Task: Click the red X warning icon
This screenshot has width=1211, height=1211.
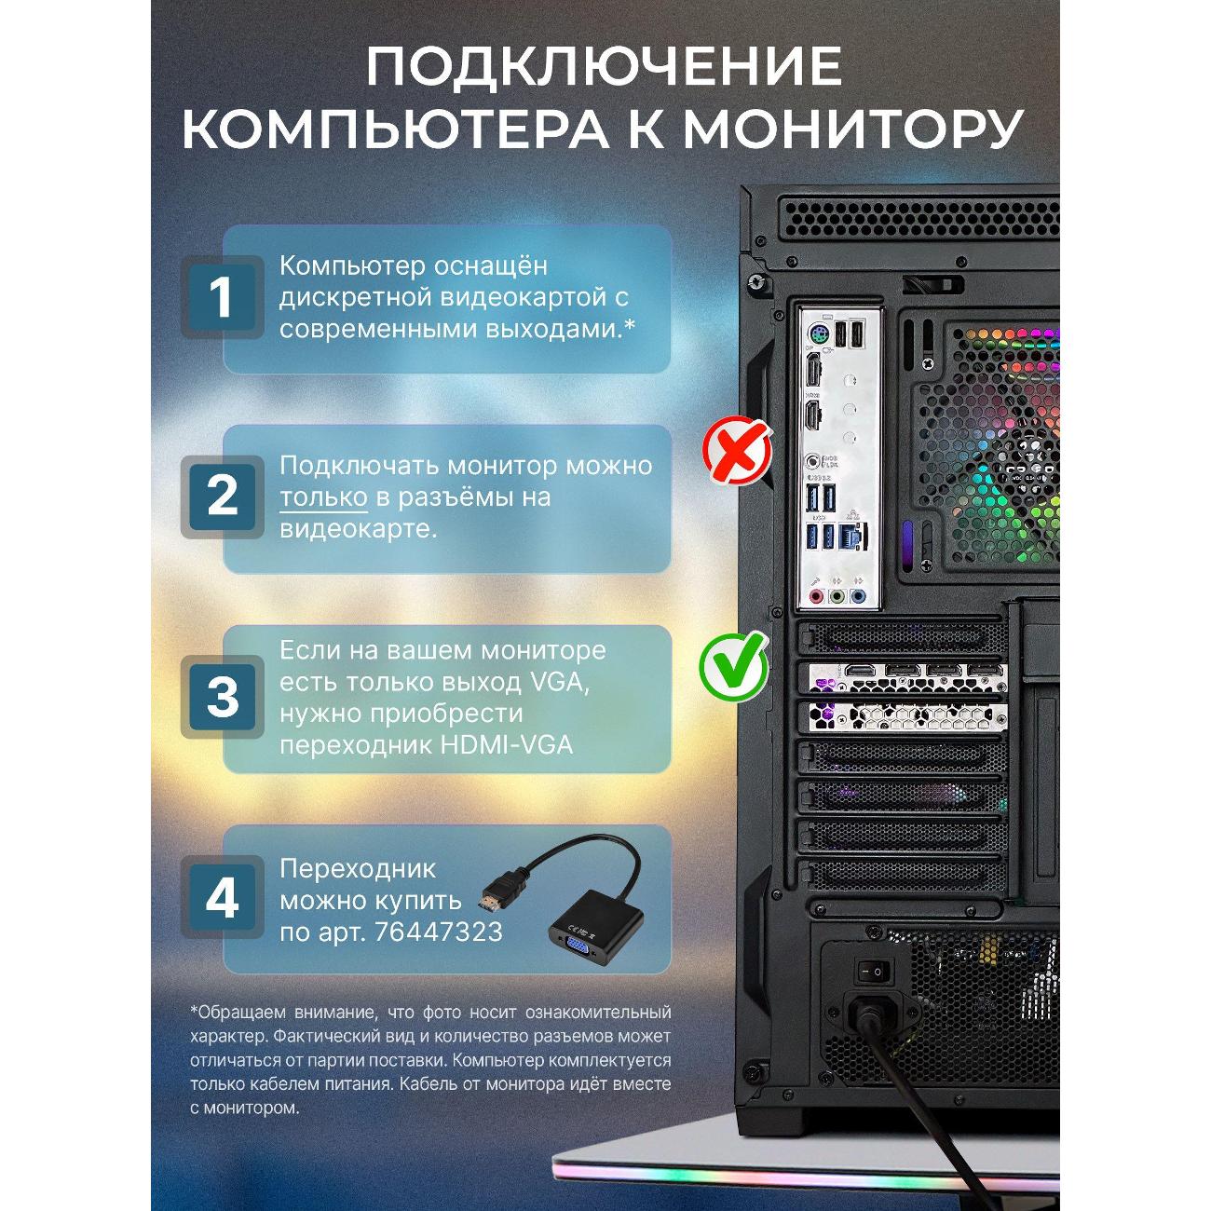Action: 737,451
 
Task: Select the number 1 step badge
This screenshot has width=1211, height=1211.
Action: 222,296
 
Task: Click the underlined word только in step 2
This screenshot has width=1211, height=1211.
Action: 323,497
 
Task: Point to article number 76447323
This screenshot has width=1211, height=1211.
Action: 438,932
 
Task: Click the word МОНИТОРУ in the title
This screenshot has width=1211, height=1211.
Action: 851,129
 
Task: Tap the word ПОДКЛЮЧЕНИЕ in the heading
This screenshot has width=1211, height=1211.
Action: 604,66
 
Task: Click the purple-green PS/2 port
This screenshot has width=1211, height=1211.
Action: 817,333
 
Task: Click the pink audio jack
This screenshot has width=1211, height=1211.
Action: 816,596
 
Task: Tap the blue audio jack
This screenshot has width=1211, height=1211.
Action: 857,596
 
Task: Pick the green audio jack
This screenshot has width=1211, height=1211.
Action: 837,596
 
